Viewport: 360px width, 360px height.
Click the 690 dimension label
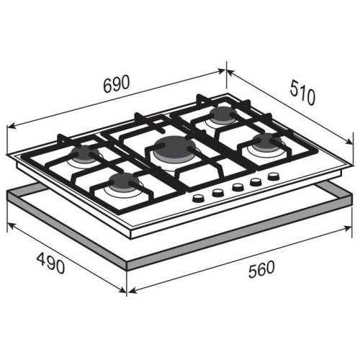[117, 84]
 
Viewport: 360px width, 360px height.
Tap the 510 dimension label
[302, 93]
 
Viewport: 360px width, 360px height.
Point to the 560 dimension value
[261, 269]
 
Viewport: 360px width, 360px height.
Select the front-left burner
[125, 182]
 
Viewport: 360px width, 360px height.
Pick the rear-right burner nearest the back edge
[223, 114]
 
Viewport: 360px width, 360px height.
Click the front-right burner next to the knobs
[266, 142]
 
